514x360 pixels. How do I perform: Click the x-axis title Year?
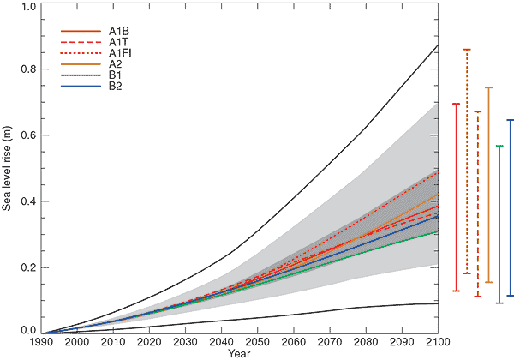coord(240,353)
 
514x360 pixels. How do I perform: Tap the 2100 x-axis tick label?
coord(438,342)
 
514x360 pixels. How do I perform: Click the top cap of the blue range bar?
coord(510,120)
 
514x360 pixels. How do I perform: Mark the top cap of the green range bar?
coord(499,146)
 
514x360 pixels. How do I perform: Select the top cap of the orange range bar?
coord(488,87)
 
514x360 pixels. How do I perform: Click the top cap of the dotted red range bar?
coord(467,50)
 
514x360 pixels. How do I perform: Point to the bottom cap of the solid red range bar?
coord(456,291)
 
